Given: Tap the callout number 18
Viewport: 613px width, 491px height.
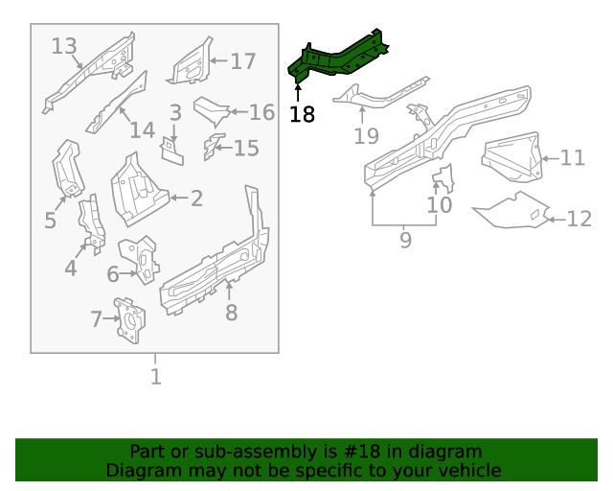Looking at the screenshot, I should (x=302, y=115).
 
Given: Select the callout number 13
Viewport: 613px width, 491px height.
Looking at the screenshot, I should (x=64, y=46).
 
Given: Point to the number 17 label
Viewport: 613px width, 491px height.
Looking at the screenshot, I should (x=243, y=61).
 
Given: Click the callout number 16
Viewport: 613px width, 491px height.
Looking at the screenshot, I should (x=261, y=112).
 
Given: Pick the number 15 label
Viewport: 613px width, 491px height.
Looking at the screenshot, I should (x=246, y=148).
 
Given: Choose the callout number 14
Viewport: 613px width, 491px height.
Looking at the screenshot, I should (x=142, y=130).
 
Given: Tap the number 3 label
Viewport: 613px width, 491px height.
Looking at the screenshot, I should (x=175, y=113).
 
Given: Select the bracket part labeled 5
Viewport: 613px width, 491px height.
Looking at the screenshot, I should (x=66, y=170).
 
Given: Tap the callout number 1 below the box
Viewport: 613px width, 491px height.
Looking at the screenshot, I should (x=155, y=376).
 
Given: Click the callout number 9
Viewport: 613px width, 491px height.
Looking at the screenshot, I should (x=405, y=240).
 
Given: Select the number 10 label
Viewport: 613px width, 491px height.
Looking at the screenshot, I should (x=439, y=204).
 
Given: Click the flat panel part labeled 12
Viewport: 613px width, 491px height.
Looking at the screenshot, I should (x=512, y=210).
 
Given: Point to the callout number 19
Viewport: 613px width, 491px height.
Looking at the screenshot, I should (x=366, y=136).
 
